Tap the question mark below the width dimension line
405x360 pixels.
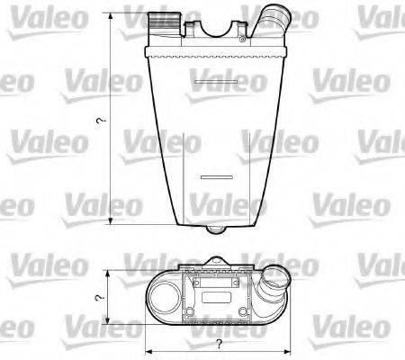tap(218, 345)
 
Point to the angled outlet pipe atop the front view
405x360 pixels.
tap(271, 21)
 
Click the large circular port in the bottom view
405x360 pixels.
tap(165, 295)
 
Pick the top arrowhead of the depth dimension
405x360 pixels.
tap(108, 272)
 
